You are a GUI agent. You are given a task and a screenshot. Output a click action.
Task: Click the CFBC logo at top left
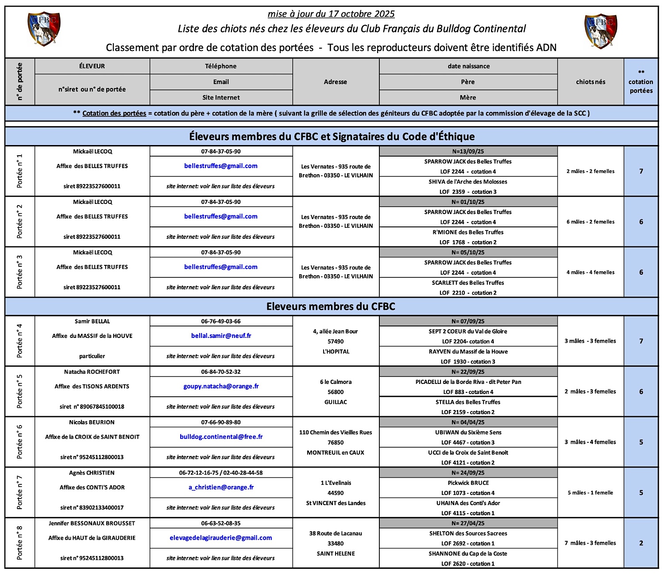[44, 29]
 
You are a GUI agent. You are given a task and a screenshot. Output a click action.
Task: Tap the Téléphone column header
[221, 66]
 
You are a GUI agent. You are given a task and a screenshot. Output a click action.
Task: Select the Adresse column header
[336, 82]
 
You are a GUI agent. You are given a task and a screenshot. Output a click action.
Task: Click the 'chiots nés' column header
[591, 82]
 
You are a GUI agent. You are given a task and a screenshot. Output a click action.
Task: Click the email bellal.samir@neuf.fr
[221, 336]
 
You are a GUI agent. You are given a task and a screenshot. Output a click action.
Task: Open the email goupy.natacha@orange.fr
[221, 386]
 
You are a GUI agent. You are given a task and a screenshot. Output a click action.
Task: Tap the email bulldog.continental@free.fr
[221, 437]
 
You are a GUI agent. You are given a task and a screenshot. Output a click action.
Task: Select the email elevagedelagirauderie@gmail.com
[221, 538]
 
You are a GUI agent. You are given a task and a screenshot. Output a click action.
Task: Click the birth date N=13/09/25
[468, 151]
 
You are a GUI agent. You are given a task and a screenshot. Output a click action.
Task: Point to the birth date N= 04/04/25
[468, 422]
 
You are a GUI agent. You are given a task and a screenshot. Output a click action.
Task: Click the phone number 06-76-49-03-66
[221, 322]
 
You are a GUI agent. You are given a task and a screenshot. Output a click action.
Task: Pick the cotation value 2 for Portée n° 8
[641, 543]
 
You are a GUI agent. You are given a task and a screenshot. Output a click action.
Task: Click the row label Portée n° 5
[19, 391]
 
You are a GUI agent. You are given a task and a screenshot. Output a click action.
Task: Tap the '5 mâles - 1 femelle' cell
[591, 493]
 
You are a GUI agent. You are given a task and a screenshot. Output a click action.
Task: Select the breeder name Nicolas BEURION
[92, 422]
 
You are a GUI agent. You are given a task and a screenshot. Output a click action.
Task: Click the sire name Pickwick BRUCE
[468, 483]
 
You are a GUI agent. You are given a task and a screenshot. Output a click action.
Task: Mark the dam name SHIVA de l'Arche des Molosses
[468, 182]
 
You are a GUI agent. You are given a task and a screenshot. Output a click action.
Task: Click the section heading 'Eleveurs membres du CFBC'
[331, 307]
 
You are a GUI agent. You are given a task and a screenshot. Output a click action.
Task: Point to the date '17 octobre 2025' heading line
[331, 14]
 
